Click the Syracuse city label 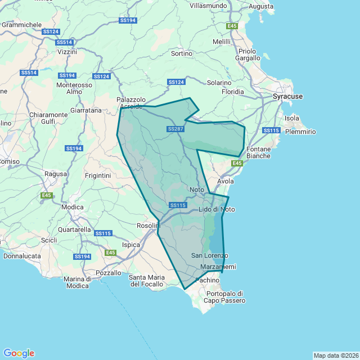pyautogui.click(x=287, y=97)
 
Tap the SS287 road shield pyautogui.click(x=175, y=129)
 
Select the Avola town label pyautogui.click(x=225, y=182)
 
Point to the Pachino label pyautogui.click(x=206, y=280)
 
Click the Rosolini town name pyautogui.click(x=148, y=226)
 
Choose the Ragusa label pyautogui.click(x=55, y=174)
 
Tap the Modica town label pyautogui.click(x=73, y=207)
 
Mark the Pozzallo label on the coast pyautogui.click(x=108, y=273)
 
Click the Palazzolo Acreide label pyautogui.click(x=131, y=103)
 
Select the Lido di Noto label pyautogui.click(x=217, y=210)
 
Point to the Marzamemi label pyautogui.click(x=218, y=267)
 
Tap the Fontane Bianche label pyautogui.click(x=258, y=152)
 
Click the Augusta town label pyautogui.click(x=260, y=6)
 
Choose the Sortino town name pyautogui.click(x=181, y=54)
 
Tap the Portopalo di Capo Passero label pyautogui.click(x=224, y=297)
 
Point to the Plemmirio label pyautogui.click(x=300, y=132)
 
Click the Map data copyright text pyautogui.click(x=336, y=355)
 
